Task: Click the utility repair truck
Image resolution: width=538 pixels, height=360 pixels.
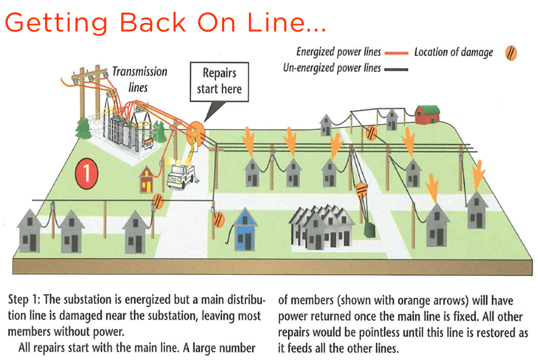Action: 180,175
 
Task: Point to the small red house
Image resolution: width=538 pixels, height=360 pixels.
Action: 146,179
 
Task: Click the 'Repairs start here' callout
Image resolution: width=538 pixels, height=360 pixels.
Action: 219,81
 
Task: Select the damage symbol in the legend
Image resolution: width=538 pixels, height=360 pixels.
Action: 511,52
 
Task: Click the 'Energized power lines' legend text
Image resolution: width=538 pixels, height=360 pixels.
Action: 338,51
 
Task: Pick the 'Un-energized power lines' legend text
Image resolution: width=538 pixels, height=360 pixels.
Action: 332,68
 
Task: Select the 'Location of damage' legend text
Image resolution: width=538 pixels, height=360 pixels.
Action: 453,52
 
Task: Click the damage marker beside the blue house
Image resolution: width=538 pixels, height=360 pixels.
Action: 218,219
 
